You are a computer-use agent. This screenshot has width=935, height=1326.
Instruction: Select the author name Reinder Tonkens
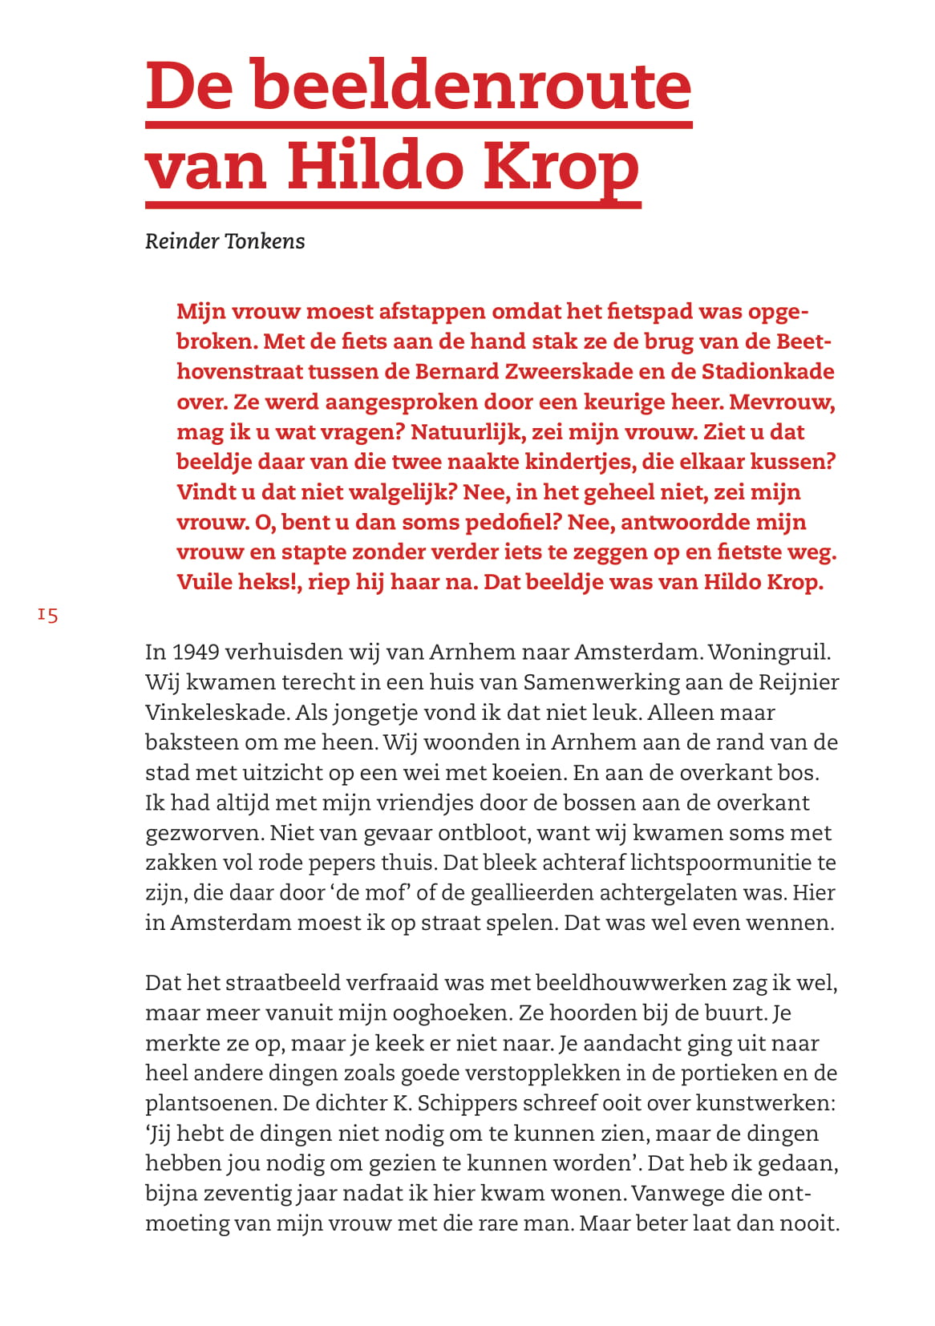click(x=225, y=241)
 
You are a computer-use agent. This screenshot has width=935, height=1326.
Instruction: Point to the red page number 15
click(x=47, y=615)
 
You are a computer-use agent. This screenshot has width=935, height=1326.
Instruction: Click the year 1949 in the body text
click(x=196, y=652)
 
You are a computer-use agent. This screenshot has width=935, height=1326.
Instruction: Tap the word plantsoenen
click(x=210, y=1103)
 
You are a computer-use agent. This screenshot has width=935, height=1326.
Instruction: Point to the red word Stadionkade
click(x=768, y=372)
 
